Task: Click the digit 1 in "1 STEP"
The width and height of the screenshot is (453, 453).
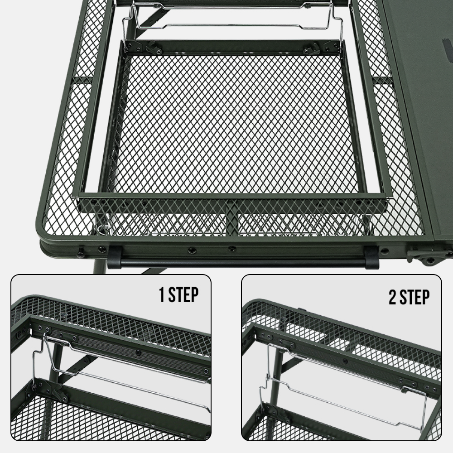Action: [162, 294]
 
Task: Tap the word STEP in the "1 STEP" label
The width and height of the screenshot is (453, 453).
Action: [183, 294]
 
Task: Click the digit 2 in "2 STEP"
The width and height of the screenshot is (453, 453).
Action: [392, 297]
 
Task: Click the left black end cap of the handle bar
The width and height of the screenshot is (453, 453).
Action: [115, 257]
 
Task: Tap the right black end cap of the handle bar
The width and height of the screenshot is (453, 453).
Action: [371, 257]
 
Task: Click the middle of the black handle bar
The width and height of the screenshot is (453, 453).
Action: [243, 262]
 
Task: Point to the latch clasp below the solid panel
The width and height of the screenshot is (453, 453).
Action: [429, 256]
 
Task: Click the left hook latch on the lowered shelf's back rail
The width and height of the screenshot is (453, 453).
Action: [154, 48]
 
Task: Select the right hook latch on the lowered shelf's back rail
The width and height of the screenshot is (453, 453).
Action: [312, 48]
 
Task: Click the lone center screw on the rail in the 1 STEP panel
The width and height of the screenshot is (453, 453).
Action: [139, 352]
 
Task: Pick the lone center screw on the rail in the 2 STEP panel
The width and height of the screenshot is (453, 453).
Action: [345, 361]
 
